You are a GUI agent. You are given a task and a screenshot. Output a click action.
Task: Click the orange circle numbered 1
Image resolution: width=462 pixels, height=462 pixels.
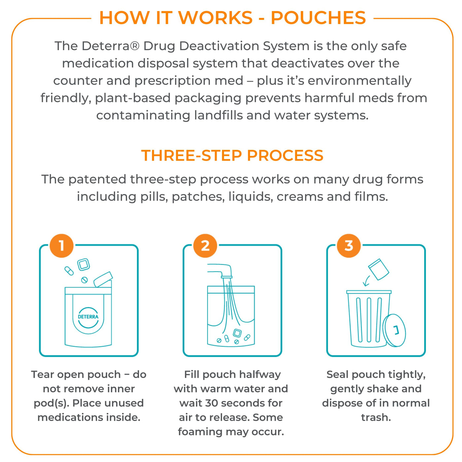pyautogui.click(x=61, y=246)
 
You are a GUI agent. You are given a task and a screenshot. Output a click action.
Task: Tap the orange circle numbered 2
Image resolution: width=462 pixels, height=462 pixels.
pyautogui.click(x=205, y=246)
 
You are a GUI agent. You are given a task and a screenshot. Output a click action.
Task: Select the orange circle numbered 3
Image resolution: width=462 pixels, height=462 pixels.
pyautogui.click(x=348, y=246)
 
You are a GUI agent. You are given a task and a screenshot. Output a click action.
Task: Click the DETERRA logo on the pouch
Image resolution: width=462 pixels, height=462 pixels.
pyautogui.click(x=88, y=316)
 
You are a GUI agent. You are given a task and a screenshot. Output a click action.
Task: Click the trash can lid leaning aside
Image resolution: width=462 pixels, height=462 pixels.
pyautogui.click(x=394, y=330)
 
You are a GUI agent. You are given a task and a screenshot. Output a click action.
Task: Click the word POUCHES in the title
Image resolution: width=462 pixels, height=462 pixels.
pyautogui.click(x=318, y=18)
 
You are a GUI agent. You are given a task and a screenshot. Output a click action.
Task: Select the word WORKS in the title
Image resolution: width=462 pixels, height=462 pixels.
pyautogui.click(x=215, y=18)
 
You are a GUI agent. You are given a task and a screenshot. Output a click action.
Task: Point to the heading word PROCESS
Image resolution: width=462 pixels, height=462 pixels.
pyautogui.click(x=285, y=155)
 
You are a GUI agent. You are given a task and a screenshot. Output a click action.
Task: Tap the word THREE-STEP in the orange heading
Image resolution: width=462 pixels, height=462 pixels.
pyautogui.click(x=191, y=155)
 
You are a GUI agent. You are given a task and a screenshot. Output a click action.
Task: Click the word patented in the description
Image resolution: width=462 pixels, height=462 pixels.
pyautogui.click(x=97, y=180)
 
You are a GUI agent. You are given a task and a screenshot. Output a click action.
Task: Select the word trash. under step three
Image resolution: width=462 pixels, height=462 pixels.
pyautogui.click(x=376, y=417)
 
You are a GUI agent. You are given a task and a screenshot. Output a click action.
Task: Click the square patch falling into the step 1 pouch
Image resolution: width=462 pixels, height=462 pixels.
pyautogui.click(x=83, y=264)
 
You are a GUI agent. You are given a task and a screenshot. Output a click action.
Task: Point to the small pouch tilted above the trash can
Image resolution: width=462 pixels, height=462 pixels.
pyautogui.click(x=379, y=269)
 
